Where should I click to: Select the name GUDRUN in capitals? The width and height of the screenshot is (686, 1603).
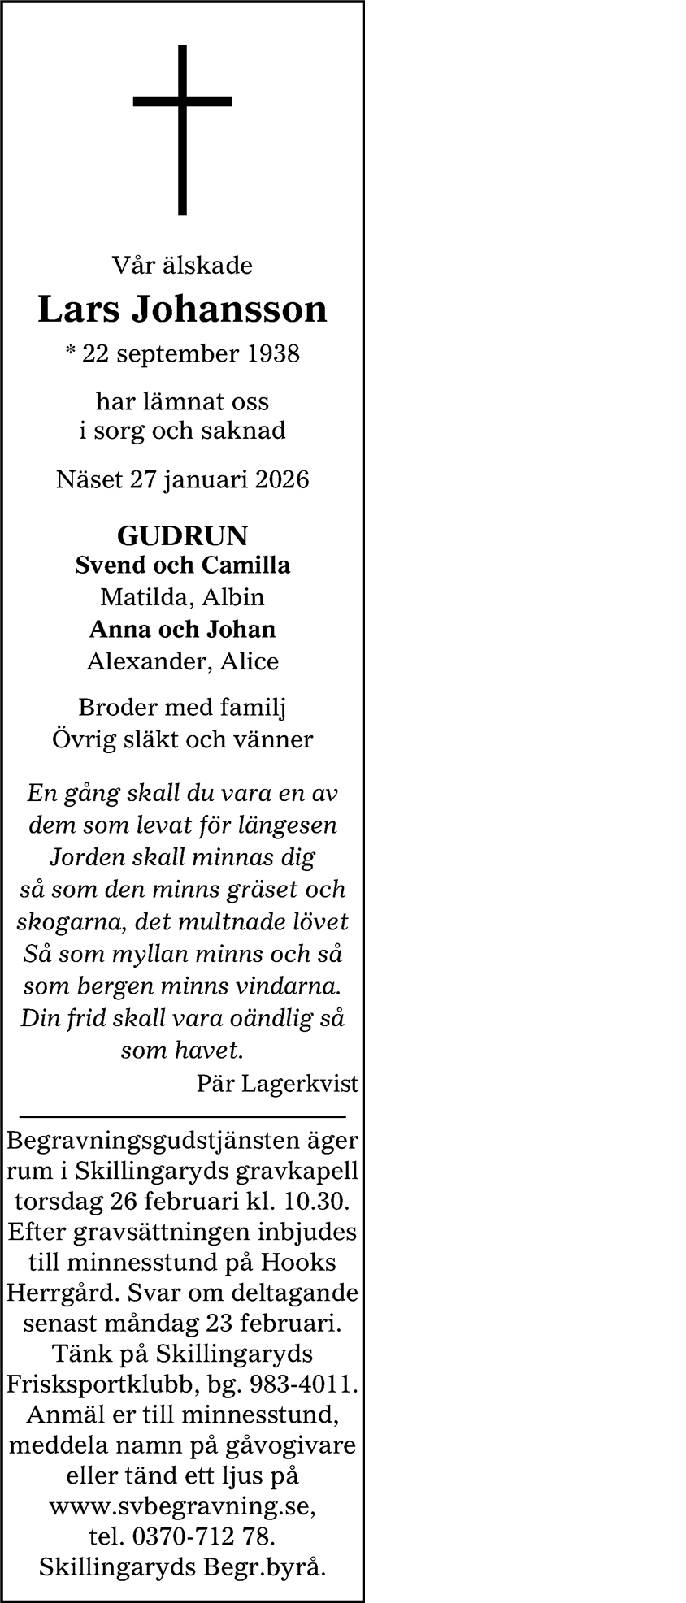[182, 535]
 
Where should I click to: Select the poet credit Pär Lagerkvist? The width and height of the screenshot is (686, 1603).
[276, 1083]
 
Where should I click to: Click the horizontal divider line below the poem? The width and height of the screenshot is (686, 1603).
[182, 1118]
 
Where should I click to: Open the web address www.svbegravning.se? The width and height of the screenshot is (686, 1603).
[180, 1507]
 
